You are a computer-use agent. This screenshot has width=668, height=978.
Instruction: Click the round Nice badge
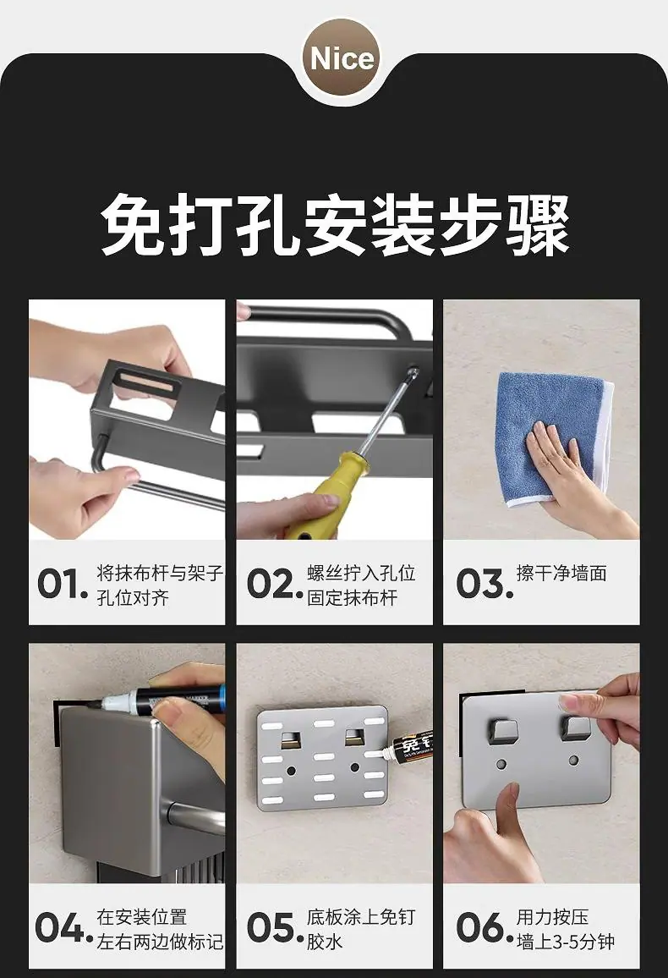[x=342, y=58]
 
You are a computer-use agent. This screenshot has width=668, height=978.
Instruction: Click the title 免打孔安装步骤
[x=335, y=225]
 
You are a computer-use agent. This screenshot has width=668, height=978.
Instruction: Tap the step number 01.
[x=63, y=585]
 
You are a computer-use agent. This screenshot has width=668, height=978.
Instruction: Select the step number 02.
[x=274, y=585]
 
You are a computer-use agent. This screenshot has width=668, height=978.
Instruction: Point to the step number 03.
[x=485, y=585]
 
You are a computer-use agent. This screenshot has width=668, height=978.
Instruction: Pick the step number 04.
[x=63, y=927]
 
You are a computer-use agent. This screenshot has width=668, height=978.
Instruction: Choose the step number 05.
[x=274, y=927]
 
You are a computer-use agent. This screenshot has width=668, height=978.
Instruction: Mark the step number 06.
[x=485, y=927]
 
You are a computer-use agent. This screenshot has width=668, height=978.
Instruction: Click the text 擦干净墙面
[x=561, y=574]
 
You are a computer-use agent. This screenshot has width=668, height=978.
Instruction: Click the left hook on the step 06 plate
[x=501, y=728]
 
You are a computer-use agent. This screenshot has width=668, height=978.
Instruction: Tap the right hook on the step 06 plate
[x=576, y=728]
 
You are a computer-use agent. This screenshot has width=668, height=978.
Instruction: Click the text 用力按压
[x=552, y=917]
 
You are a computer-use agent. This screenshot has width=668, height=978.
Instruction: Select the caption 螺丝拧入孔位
[x=361, y=573]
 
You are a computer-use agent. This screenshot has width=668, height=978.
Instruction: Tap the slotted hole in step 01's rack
[x=148, y=381]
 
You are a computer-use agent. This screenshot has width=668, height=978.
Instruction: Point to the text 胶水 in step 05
[x=324, y=941]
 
